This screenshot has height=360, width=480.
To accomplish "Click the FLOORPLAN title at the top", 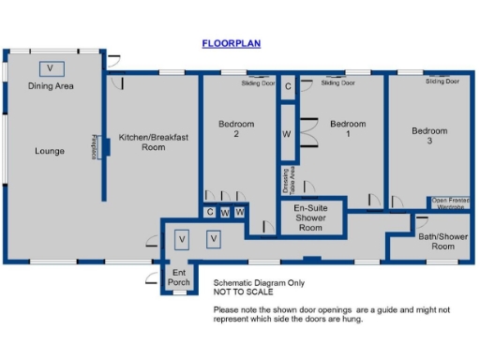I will (x=231, y=43).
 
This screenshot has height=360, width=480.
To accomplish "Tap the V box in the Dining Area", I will (x=51, y=68).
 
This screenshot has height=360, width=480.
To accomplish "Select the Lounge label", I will (x=50, y=150).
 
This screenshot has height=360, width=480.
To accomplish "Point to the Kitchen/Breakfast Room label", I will (x=154, y=142).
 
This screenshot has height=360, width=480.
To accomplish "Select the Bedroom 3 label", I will (x=429, y=136).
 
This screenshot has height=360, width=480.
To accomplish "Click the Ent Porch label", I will (x=178, y=277).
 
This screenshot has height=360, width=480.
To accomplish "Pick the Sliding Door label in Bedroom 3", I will (x=442, y=82).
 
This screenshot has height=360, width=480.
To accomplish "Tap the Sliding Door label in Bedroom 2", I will (x=259, y=82).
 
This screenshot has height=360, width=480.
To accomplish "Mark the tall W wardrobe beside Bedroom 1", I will (x=287, y=134).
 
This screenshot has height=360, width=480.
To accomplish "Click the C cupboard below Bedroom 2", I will (x=210, y=213).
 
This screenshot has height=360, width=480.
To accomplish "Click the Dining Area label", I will (x=51, y=86).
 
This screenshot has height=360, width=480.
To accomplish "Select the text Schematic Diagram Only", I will (x=257, y=282).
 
